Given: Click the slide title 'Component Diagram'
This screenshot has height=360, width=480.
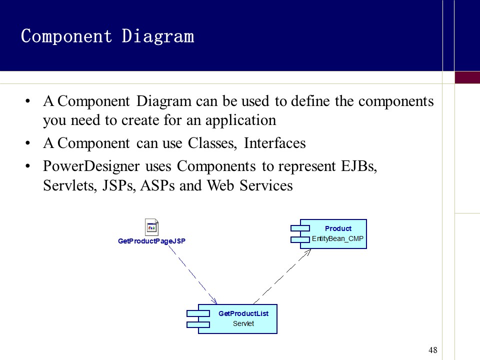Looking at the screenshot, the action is (x=107, y=36).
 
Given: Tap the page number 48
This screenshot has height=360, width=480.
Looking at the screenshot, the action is (x=433, y=350).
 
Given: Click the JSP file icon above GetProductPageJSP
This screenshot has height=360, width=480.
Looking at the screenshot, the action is (x=151, y=227).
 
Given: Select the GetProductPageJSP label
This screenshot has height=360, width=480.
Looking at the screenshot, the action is (x=151, y=241).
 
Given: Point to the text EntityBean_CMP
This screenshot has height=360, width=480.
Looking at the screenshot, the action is (x=337, y=239).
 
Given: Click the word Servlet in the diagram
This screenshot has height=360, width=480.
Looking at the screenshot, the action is (x=243, y=323).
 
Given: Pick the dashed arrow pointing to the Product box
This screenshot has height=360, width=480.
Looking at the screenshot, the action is (x=283, y=276).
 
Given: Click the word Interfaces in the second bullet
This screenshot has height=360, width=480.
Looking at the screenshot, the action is (x=274, y=143).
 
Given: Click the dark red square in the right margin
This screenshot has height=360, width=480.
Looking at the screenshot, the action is (x=467, y=77).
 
